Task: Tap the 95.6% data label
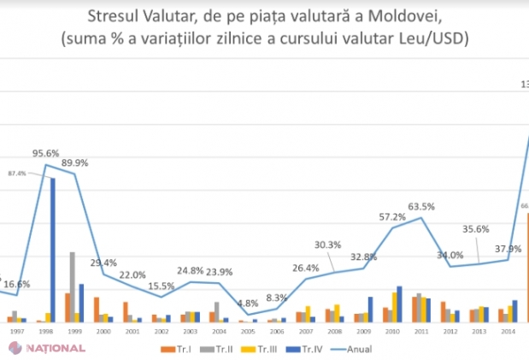click(46, 154)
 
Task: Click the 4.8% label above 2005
click(248, 304)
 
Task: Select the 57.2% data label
click(392, 217)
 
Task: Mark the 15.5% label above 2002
click(162, 286)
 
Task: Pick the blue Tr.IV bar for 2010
click(399, 304)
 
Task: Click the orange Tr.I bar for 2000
click(97, 309)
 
